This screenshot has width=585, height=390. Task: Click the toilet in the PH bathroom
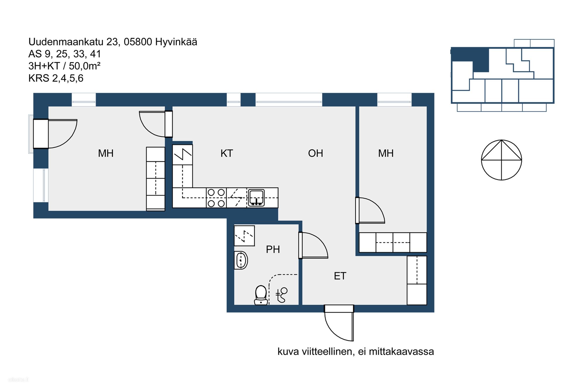point(261,295)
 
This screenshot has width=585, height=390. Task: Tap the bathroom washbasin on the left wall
point(241,260)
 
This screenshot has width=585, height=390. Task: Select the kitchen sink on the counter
point(256,197)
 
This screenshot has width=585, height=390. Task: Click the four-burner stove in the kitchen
point(216,198)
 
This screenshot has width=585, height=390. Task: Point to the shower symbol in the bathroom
point(282,295)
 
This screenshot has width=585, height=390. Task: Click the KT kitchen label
point(227,153)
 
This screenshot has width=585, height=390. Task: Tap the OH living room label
point(316,153)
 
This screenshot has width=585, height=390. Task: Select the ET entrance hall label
point(340,276)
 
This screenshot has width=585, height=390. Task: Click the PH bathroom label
point(273,249)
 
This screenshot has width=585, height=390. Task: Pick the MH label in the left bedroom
point(106,153)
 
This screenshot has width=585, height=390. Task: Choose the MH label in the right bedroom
point(386,153)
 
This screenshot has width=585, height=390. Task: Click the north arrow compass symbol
point(502,160)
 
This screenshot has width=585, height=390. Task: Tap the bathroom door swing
point(313,245)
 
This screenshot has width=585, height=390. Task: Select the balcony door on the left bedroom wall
point(55,133)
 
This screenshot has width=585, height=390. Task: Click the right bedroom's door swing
point(370,210)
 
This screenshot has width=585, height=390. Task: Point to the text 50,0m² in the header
point(85,66)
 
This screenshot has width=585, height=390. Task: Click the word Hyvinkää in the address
point(176,42)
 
